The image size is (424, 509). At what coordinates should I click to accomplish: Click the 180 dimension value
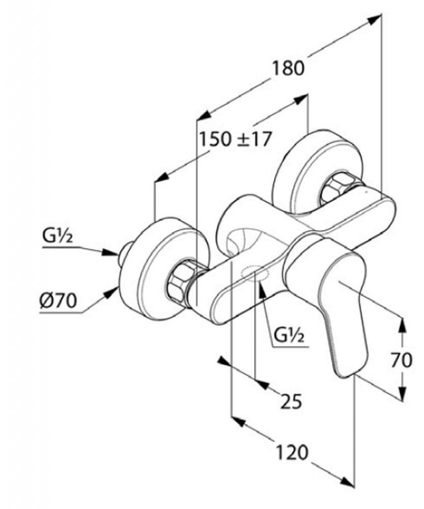coord(287,68)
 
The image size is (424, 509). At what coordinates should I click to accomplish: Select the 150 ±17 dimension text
coord(236,139)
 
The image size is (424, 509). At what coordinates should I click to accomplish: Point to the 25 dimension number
coord(291,401)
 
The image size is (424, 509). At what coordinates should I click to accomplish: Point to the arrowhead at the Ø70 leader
coord(112,293)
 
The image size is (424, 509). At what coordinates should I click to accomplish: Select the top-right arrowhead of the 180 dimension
coord(374,19)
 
